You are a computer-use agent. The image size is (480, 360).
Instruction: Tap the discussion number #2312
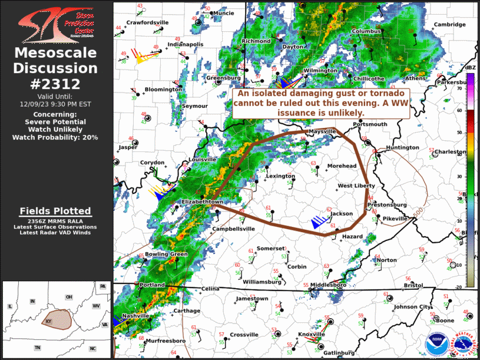point(55,84)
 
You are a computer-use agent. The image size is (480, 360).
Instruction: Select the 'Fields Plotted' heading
point(55,211)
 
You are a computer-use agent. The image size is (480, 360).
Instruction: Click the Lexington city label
point(280,176)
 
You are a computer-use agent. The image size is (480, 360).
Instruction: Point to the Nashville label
point(136,316)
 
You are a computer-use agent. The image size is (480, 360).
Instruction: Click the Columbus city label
point(367,31)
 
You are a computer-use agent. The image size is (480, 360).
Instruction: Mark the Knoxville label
point(312,335)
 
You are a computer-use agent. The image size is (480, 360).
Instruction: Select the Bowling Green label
point(166,254)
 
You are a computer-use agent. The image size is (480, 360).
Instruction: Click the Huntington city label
point(402,147)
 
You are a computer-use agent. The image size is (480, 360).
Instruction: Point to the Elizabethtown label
point(202,202)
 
